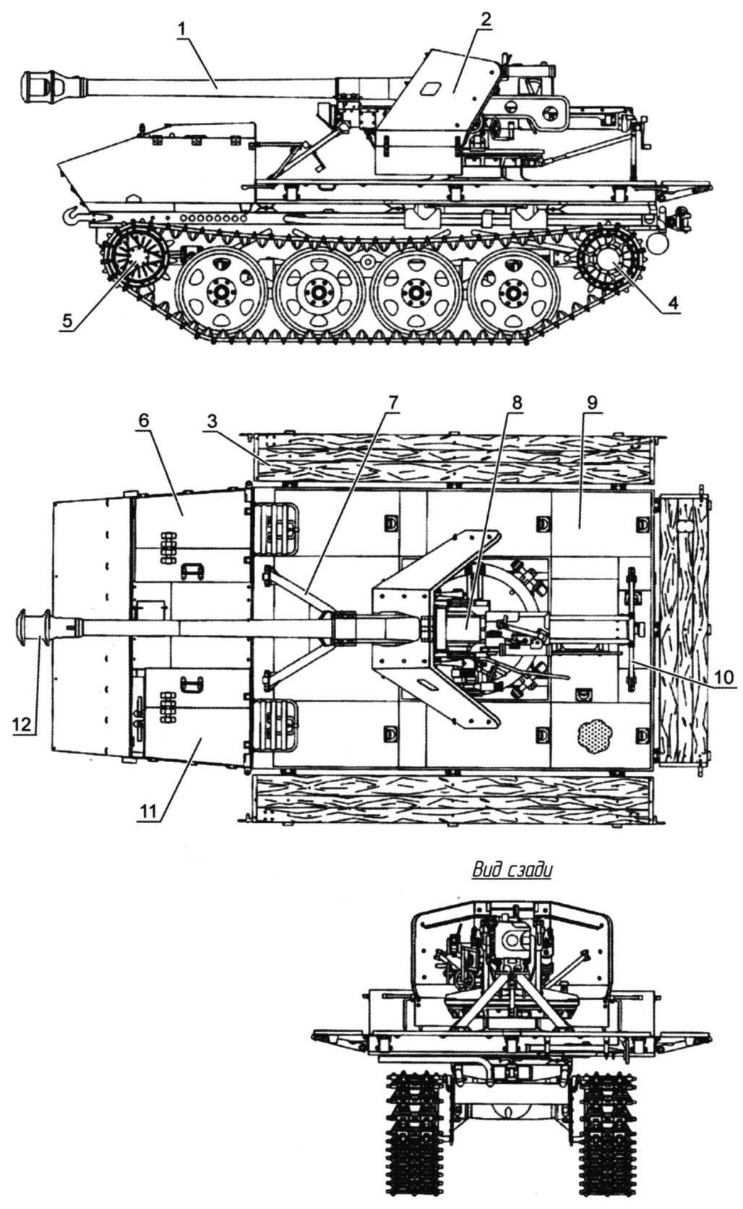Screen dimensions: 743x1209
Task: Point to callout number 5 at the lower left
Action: pyautogui.click(x=67, y=321)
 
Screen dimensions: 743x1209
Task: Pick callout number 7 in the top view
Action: pyautogui.click(x=392, y=403)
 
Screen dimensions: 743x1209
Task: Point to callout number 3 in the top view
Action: pyautogui.click(x=211, y=424)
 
